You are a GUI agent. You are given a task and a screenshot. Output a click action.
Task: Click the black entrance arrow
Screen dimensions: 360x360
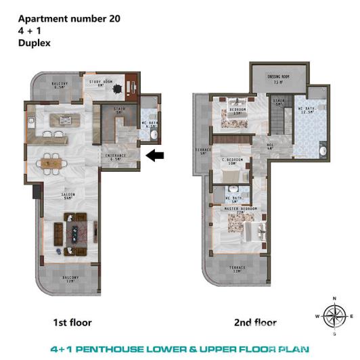click(156, 156)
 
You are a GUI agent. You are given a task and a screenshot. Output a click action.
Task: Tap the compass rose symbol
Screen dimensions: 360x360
click(333, 315)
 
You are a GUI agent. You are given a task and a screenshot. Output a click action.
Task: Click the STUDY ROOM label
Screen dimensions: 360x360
click(101, 83)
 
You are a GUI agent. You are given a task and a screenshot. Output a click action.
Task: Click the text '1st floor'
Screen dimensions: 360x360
click(72, 323)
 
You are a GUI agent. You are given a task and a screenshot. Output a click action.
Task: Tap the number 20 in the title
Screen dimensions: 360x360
click(113, 19)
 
